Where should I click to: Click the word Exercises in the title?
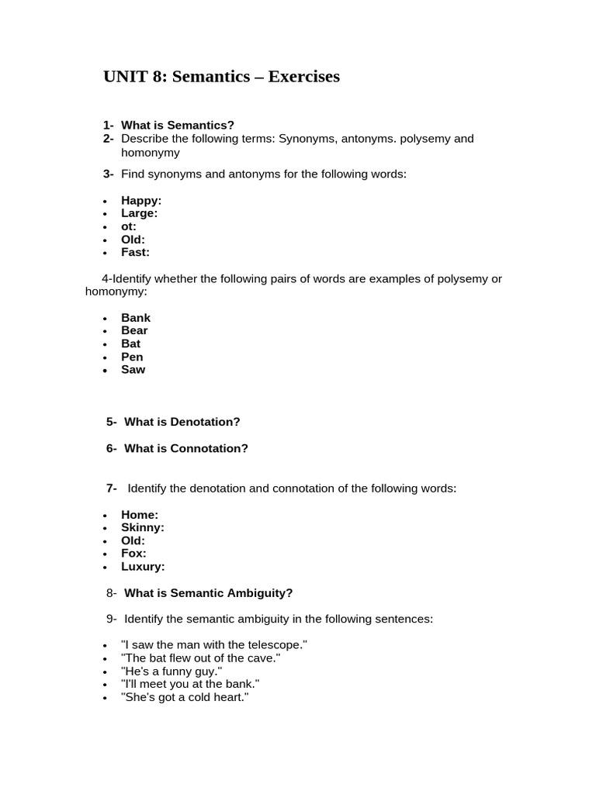coord(303,77)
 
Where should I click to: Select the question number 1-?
coord(108,125)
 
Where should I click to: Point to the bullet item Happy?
coord(141,200)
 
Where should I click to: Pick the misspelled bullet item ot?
coord(129,226)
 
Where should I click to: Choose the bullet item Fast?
coord(135,252)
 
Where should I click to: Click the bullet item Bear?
coord(134,330)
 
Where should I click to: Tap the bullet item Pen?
coord(132,357)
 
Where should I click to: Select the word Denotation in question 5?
coord(205,422)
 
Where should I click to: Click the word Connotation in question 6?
coord(209,448)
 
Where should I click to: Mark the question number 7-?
coord(112,488)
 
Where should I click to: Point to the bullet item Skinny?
coord(142,527)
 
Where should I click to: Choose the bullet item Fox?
coord(133,554)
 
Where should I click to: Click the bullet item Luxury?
coord(143,567)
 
